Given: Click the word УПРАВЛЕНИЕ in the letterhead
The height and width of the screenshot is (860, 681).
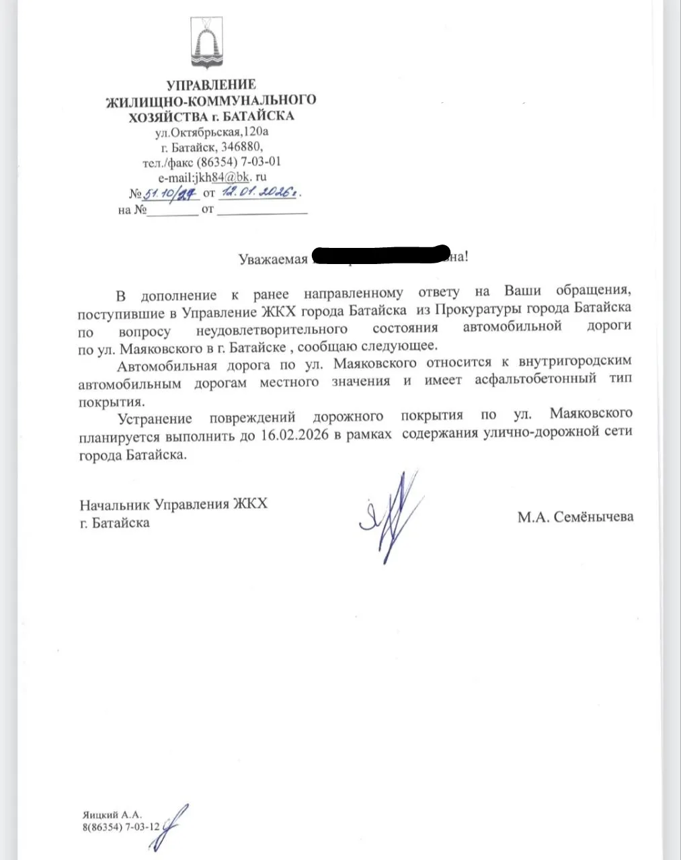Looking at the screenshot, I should click(211, 85).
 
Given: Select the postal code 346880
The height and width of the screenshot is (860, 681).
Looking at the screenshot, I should click(241, 147).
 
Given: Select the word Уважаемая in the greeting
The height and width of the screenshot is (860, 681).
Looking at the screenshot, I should click(274, 259).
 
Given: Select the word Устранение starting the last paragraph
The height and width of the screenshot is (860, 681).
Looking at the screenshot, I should click(154, 418).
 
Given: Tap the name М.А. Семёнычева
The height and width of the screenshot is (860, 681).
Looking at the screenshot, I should click(575, 517).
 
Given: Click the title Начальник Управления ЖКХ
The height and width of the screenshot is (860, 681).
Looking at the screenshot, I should click(173, 503).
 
